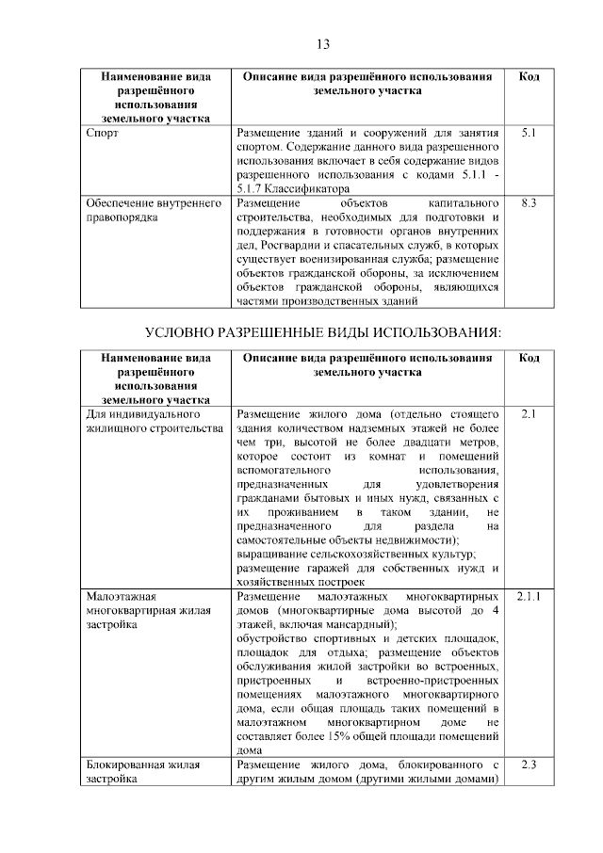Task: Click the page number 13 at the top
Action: tap(322, 43)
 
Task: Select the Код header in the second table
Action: tap(529, 358)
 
